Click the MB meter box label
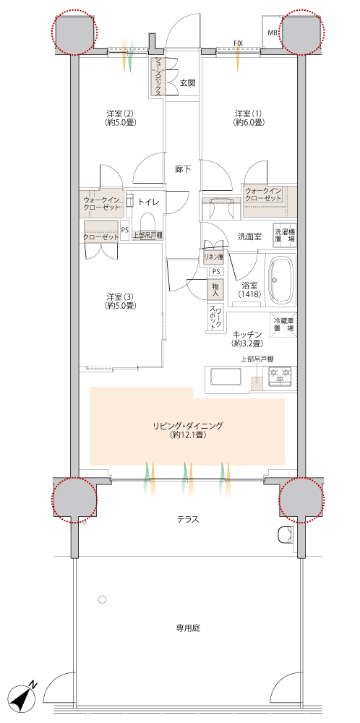(273, 33)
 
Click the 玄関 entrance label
(188, 83)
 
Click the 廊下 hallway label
(183, 169)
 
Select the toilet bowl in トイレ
(148, 221)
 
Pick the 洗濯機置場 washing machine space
(285, 235)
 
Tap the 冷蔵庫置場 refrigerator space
(283, 325)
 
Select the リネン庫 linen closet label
(213, 257)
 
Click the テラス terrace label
(188, 520)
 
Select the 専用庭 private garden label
(188, 628)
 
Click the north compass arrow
(24, 694)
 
